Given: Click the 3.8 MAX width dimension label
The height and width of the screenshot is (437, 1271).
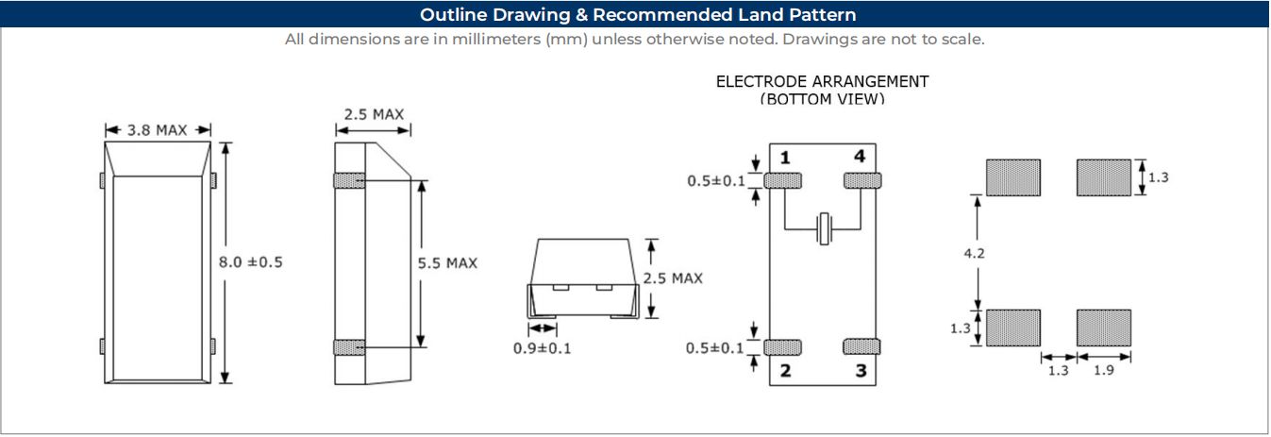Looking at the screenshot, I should pos(158,129).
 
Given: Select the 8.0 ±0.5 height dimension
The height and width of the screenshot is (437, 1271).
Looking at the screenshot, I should pos(251,262).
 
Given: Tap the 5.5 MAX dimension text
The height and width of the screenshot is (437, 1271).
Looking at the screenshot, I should pos(447,263).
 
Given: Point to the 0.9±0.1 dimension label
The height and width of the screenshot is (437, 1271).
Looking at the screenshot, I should pos(542,348).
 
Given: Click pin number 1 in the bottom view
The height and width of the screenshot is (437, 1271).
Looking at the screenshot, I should pos(785,157).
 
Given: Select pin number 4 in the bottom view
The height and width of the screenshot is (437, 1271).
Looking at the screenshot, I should pos(859,157).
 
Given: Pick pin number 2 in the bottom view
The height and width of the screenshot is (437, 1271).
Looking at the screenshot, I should pos(785,371).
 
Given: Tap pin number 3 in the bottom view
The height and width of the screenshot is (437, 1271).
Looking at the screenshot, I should pos(861,371).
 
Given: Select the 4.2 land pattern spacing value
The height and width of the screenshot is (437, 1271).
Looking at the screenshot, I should pos(976,253).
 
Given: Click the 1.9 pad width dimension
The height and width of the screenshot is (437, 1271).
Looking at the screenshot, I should pos(1103,371).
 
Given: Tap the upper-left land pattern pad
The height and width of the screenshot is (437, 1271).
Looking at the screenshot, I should pos(1013,177).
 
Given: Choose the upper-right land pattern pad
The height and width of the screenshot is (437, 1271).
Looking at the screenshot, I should pos(1103,177).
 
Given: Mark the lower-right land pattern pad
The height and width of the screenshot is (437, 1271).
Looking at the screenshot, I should pos(1103,328).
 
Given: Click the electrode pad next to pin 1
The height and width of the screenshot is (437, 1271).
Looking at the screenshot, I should pos(783,179).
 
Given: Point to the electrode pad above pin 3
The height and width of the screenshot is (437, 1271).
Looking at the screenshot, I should pos(861,346).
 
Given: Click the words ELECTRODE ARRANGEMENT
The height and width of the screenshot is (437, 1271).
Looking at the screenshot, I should pos(822,81).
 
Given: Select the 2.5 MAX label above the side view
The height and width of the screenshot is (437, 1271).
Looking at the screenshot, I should pos(374,114).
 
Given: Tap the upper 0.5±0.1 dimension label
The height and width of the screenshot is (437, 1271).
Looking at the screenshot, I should pos(716,179).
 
